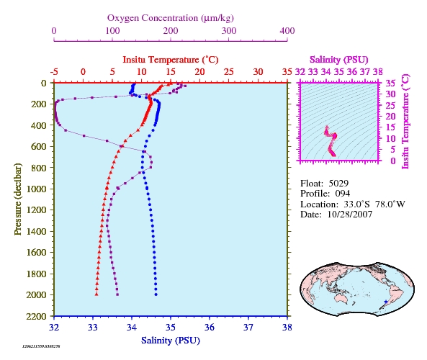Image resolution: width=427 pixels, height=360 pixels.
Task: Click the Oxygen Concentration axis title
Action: [x=171, y=18]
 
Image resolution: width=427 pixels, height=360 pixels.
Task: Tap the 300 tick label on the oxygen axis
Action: [x=229, y=31]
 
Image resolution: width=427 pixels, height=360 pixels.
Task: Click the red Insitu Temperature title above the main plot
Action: [x=171, y=60]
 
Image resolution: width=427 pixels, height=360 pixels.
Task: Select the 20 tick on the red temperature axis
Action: [x=199, y=72]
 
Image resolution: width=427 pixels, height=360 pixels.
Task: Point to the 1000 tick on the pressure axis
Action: [x=37, y=189]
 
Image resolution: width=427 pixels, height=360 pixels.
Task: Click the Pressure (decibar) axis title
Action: [x=18, y=199]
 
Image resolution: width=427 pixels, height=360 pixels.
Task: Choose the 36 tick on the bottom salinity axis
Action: [x=210, y=327]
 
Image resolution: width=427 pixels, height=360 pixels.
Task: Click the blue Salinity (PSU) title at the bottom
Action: [x=171, y=341]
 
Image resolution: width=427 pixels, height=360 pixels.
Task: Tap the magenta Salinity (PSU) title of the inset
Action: [x=338, y=60]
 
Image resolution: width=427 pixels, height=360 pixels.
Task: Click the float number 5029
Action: [x=338, y=184]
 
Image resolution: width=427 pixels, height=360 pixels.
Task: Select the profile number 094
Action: [x=343, y=194]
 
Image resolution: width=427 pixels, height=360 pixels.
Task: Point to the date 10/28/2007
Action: [x=350, y=215]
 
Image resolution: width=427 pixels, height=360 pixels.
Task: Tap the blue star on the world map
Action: [x=386, y=302]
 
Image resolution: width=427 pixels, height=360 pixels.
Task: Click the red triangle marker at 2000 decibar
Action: [x=96, y=294]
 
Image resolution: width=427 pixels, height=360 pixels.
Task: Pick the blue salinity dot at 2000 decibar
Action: [x=156, y=294]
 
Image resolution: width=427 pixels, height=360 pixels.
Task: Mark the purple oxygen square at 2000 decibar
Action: [x=117, y=294]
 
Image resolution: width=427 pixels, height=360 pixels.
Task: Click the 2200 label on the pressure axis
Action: [x=37, y=316]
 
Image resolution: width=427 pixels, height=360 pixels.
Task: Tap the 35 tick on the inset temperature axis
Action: [x=390, y=83]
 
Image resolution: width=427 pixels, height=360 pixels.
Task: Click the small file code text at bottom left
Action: [x=41, y=346]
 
